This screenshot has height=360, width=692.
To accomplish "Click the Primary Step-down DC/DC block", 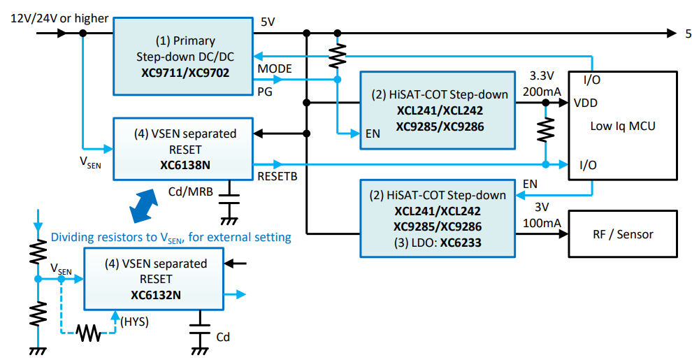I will pyautogui.click(x=182, y=56).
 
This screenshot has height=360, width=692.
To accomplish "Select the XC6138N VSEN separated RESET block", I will pyautogui.click(x=182, y=149).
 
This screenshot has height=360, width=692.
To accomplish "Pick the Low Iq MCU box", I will pyautogui.click(x=623, y=127).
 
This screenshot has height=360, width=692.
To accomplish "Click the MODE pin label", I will pyautogui.click(x=275, y=69).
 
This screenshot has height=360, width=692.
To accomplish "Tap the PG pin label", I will pyautogui.click(x=265, y=91).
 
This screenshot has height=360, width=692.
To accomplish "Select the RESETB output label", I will pyautogui.click(x=277, y=176).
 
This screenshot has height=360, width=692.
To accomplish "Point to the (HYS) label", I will pyautogui.click(x=135, y=322).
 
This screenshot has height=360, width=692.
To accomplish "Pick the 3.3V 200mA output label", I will pyautogui.click(x=542, y=84).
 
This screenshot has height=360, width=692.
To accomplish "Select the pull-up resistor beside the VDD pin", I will pyautogui.click(x=545, y=129).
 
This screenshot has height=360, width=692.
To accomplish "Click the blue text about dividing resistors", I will pyautogui.click(x=171, y=238).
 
